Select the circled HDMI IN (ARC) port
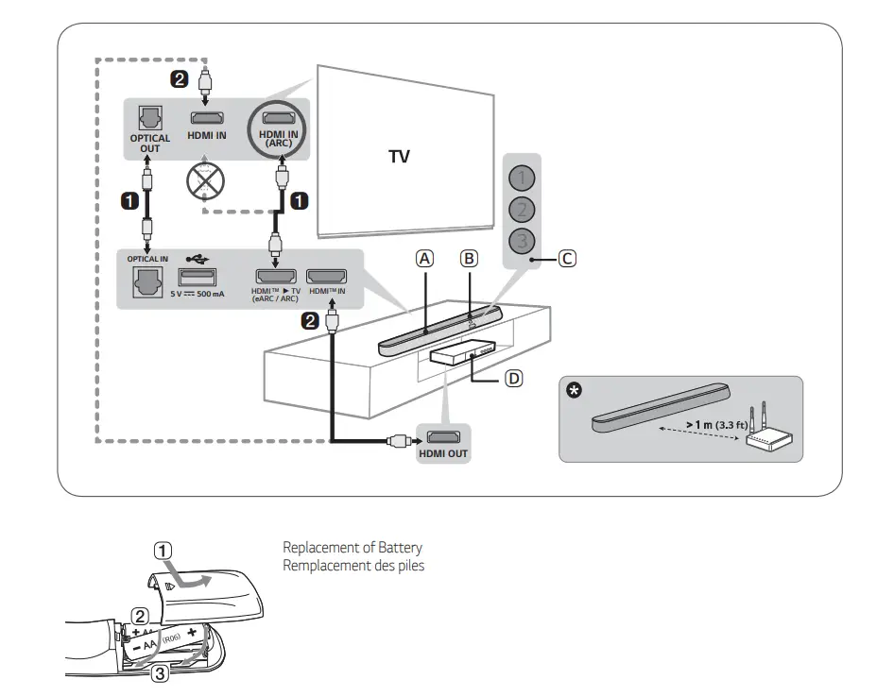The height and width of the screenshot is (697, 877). coord(280,120)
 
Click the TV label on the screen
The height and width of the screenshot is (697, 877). coord(400,156)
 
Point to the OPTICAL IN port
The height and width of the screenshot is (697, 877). coord(148,280)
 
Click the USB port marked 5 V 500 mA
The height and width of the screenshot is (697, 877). coord(197,278)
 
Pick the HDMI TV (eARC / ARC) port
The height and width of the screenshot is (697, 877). coord(273,278)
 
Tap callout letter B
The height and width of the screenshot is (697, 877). coord(470,257)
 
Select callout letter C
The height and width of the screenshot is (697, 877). coord(565,258)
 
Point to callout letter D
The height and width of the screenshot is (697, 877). coord(513,378)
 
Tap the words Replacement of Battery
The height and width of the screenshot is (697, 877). coord(353,548)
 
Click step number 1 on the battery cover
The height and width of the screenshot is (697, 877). coord(163,551)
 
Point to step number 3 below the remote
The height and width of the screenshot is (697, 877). coord(162,673)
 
